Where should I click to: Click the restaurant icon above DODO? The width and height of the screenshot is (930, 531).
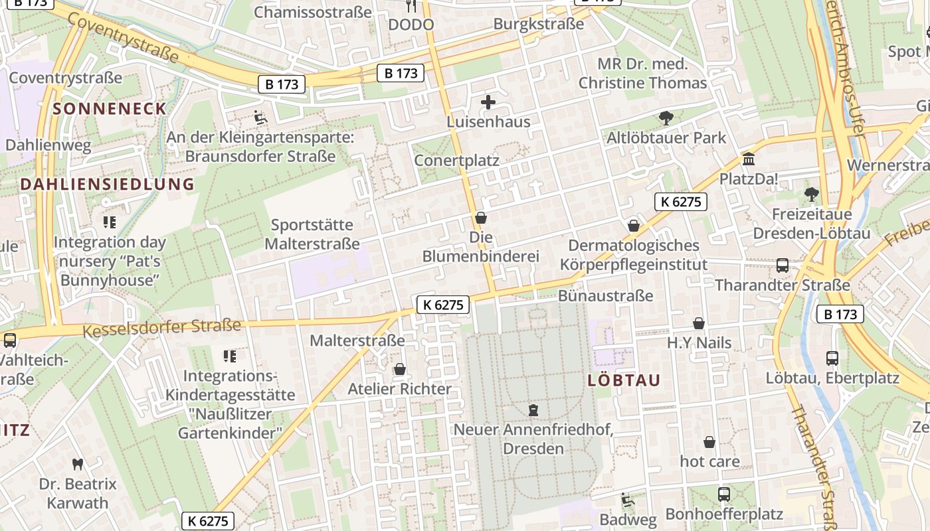(411, 6)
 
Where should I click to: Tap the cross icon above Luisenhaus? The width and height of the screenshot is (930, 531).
(488, 102)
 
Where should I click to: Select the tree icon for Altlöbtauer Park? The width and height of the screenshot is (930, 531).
(666, 119)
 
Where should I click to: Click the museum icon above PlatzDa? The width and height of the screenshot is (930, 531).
(749, 159)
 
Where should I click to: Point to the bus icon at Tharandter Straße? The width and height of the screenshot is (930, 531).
(783, 265)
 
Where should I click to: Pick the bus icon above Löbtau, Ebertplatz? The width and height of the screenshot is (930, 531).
(832, 358)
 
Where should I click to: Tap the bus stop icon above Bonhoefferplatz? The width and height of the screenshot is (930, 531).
(724, 494)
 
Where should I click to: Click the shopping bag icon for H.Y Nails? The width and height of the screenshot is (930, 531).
(699, 323)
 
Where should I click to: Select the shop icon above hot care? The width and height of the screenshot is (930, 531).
(709, 442)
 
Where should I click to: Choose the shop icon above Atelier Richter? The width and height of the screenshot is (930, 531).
(400, 369)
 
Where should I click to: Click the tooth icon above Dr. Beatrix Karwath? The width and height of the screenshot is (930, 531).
(77, 464)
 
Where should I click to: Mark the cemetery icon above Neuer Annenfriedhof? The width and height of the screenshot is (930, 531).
(533, 410)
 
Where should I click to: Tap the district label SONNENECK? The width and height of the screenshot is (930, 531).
(110, 109)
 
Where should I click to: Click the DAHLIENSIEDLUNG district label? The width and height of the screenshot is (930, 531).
(107, 184)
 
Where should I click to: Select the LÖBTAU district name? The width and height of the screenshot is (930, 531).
(624, 380)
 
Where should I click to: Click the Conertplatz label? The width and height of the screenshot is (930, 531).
(456, 161)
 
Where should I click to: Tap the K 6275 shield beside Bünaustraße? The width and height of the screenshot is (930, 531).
(443, 305)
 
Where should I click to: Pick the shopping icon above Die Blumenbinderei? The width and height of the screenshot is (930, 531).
(481, 218)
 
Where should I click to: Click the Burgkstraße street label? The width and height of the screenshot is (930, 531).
(538, 24)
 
